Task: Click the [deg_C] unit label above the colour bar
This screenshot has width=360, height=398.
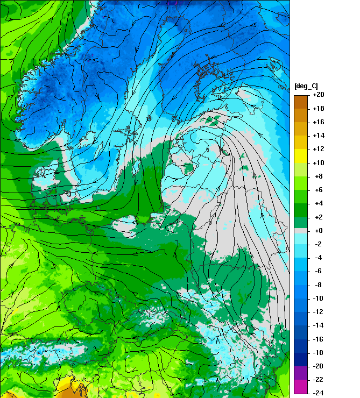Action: point(307,87)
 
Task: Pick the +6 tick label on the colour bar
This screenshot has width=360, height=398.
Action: point(317,190)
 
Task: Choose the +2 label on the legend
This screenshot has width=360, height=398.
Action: point(317,217)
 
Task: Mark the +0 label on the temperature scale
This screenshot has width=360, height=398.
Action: point(317,230)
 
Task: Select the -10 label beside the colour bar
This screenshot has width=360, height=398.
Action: point(318,298)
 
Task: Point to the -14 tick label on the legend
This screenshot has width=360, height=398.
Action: point(318,325)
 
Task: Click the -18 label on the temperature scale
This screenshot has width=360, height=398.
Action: point(318,353)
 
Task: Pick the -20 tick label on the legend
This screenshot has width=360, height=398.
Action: point(318,366)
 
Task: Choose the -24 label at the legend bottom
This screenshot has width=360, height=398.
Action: point(318,393)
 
